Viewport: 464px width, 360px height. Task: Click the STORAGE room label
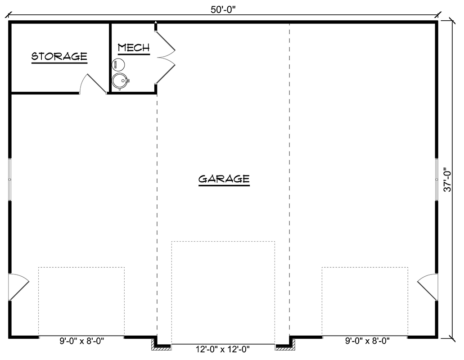[59, 56]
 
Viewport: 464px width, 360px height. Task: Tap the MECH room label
[133, 47]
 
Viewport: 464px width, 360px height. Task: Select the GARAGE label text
[224, 179]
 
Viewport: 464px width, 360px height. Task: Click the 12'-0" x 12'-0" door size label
[223, 349]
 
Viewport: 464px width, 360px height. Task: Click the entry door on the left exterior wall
[18, 287]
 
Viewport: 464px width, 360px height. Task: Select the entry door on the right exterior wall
[428, 287]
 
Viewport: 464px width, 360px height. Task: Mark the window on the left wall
[9, 179]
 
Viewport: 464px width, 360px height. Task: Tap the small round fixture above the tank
[118, 65]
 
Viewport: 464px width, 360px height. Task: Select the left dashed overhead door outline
[81, 301]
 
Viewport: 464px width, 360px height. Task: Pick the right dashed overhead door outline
[365, 301]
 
